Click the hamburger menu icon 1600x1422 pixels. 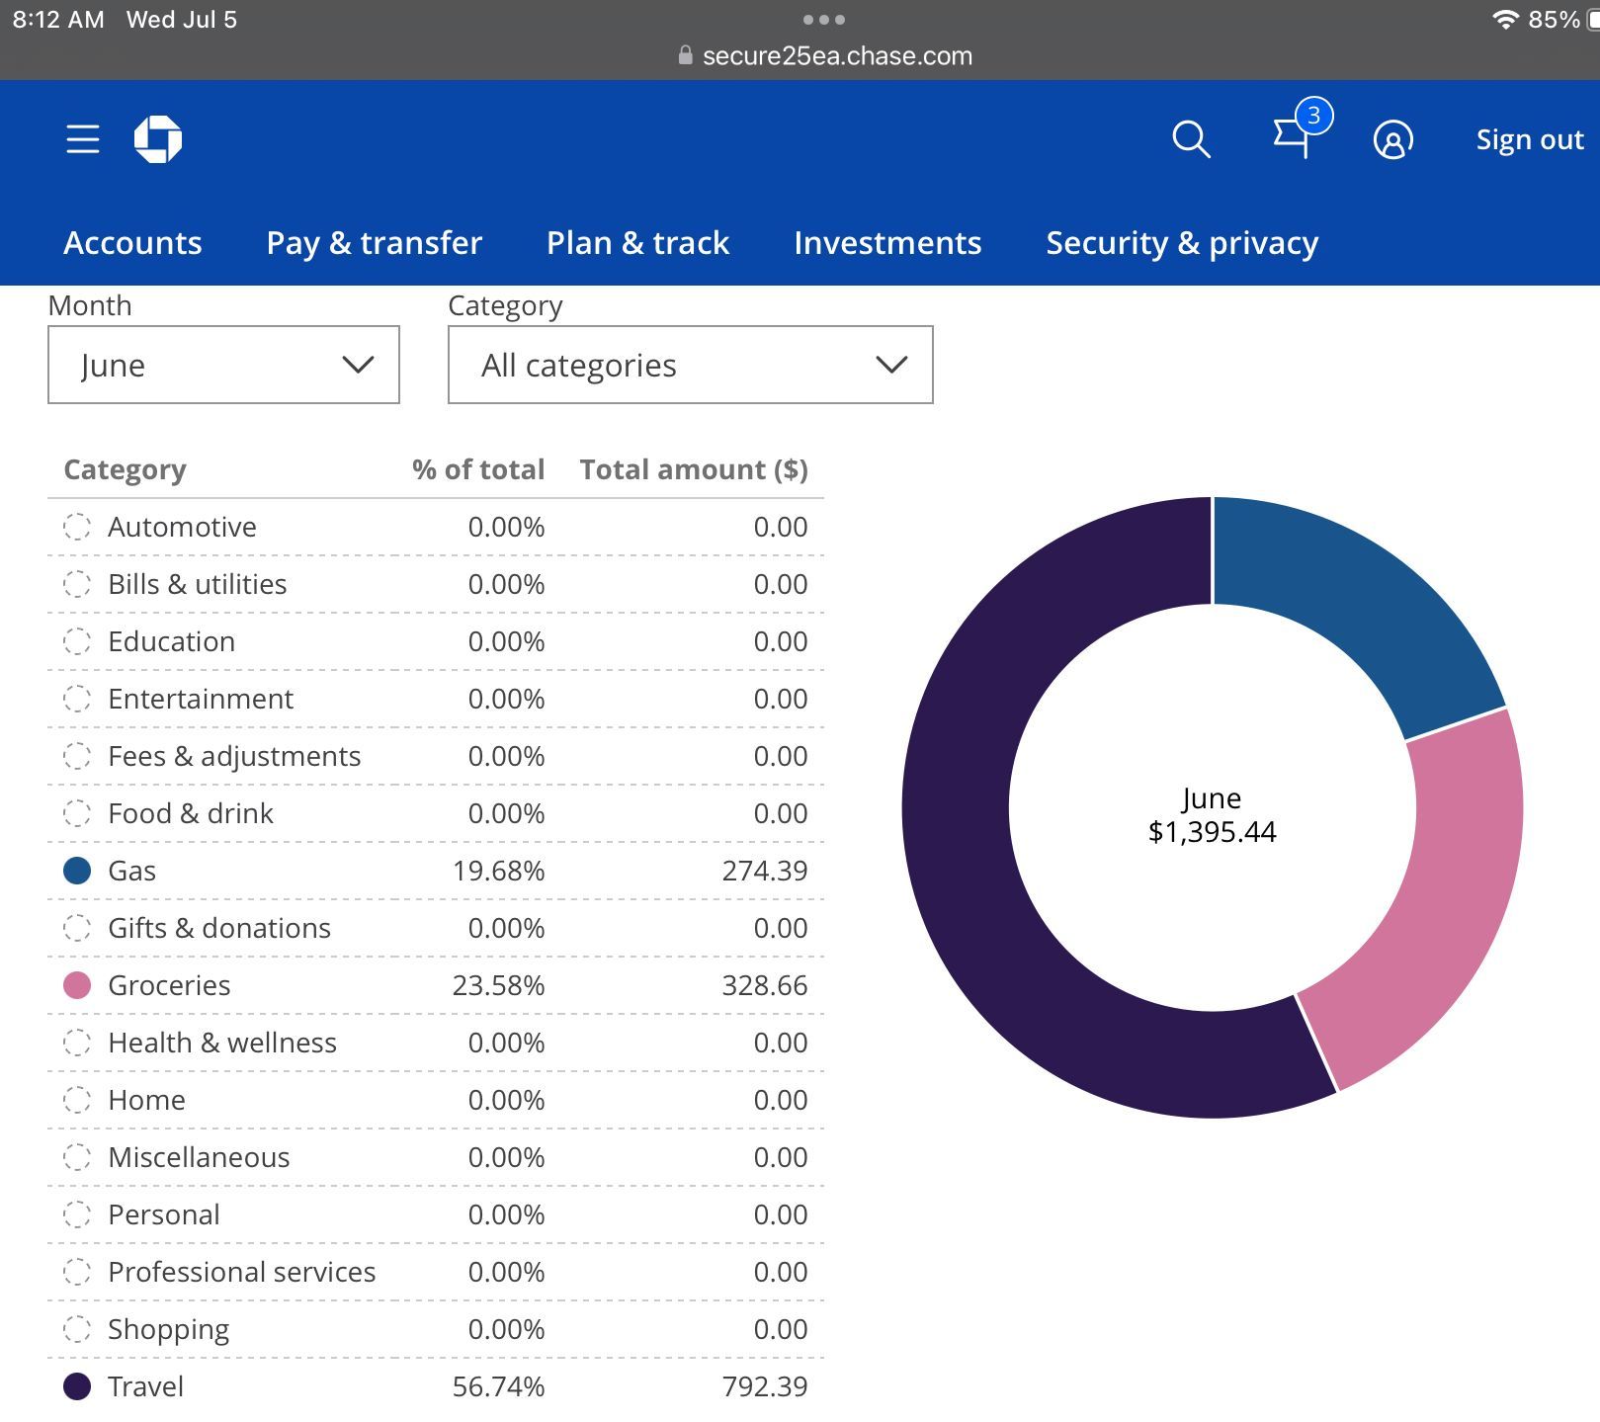pos(83,139)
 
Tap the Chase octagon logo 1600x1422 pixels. pos(158,139)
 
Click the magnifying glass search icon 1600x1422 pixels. pos(1191,139)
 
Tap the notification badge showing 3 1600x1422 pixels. pos(1313,116)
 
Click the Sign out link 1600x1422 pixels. pos(1530,139)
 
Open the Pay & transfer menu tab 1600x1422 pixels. pos(375,243)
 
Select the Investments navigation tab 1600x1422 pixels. pos(887,243)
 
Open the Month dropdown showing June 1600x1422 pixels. pos(223,365)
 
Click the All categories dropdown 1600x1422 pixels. pos(690,365)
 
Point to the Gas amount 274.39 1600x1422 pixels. pos(765,871)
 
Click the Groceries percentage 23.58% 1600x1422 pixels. pos(498,985)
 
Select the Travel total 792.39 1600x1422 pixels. pos(765,1386)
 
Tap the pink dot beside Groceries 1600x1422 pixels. pos(77,985)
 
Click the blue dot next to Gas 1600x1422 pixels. pos(77,871)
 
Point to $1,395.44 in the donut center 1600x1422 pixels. pos(1212,832)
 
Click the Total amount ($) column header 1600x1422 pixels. pos(694,469)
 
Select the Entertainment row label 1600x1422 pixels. pos(201,699)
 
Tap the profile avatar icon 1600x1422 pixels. pos(1392,139)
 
